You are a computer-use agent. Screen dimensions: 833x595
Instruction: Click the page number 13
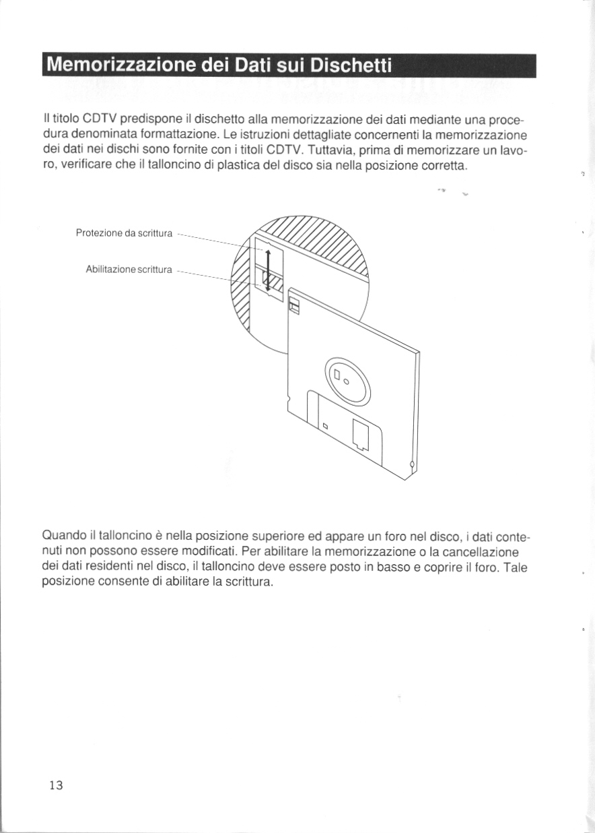55,785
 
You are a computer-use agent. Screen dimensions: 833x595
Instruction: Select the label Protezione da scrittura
125,233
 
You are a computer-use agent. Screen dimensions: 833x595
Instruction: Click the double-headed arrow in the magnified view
268,270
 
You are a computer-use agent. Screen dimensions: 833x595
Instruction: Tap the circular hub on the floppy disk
347,380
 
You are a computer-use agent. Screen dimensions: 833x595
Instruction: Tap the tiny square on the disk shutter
324,426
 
